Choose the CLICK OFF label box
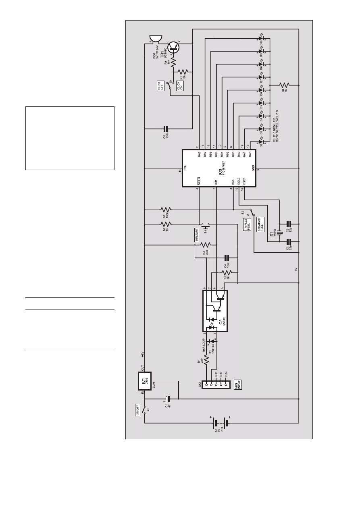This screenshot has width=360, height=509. [159, 85]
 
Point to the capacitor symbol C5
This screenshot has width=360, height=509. [165, 129]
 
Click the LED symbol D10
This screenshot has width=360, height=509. [261, 39]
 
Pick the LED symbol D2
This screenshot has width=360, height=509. [261, 142]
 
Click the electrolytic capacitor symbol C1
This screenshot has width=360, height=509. [169, 399]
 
